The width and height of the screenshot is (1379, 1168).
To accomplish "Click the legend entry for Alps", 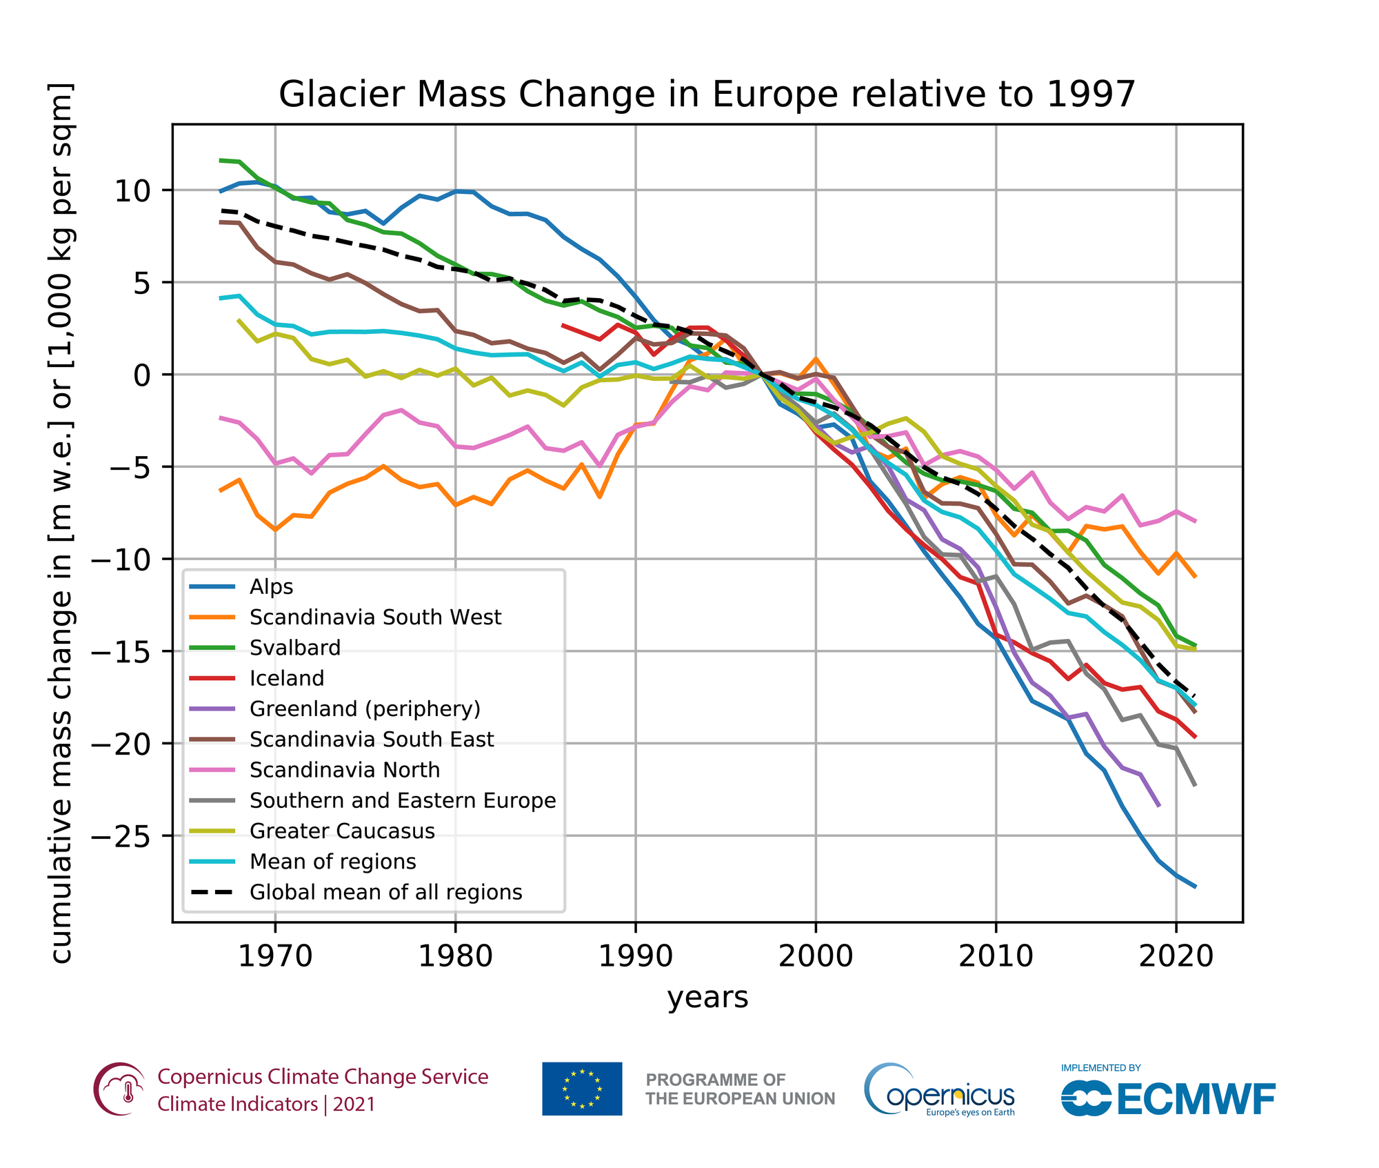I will point(272,587).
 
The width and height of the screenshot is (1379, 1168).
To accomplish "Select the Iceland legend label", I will point(287,679).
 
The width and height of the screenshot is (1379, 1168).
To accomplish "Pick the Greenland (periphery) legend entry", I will point(365,709).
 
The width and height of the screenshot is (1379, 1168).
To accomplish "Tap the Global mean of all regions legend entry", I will point(385,893).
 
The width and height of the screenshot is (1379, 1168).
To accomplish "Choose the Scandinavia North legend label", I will point(345,771).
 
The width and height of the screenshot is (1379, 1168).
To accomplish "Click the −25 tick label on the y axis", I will point(131,836).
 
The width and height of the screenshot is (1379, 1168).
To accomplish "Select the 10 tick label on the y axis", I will point(132,191).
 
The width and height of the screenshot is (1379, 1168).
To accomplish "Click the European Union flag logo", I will point(582,1089).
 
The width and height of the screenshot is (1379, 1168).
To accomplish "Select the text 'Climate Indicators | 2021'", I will point(266,1105).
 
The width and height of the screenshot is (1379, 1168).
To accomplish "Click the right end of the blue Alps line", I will point(1195,887).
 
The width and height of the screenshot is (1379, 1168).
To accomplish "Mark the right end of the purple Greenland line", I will point(1159,805).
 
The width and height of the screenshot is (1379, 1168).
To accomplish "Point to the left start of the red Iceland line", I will point(563,325).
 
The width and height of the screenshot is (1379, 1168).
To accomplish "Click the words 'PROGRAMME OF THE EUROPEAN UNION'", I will point(740,1089).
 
